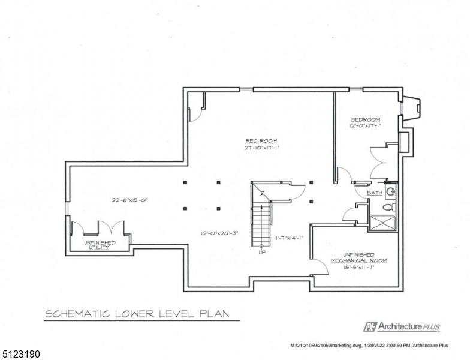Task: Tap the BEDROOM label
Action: click(366, 119)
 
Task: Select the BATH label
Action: click(375, 193)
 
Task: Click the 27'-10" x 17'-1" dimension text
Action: click(261, 148)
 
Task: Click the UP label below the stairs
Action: click(261, 253)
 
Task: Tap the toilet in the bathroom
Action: click(388, 207)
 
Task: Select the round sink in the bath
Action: click(391, 192)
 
